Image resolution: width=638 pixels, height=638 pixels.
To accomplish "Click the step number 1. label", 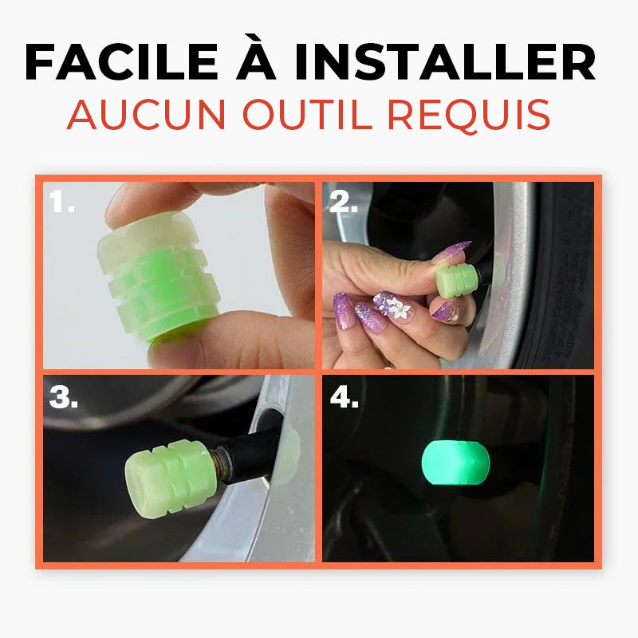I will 62,203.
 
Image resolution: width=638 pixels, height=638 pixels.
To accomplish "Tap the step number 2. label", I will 344,203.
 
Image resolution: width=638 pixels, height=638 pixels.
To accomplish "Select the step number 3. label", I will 64,397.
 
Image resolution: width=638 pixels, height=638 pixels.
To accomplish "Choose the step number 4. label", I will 345,397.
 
